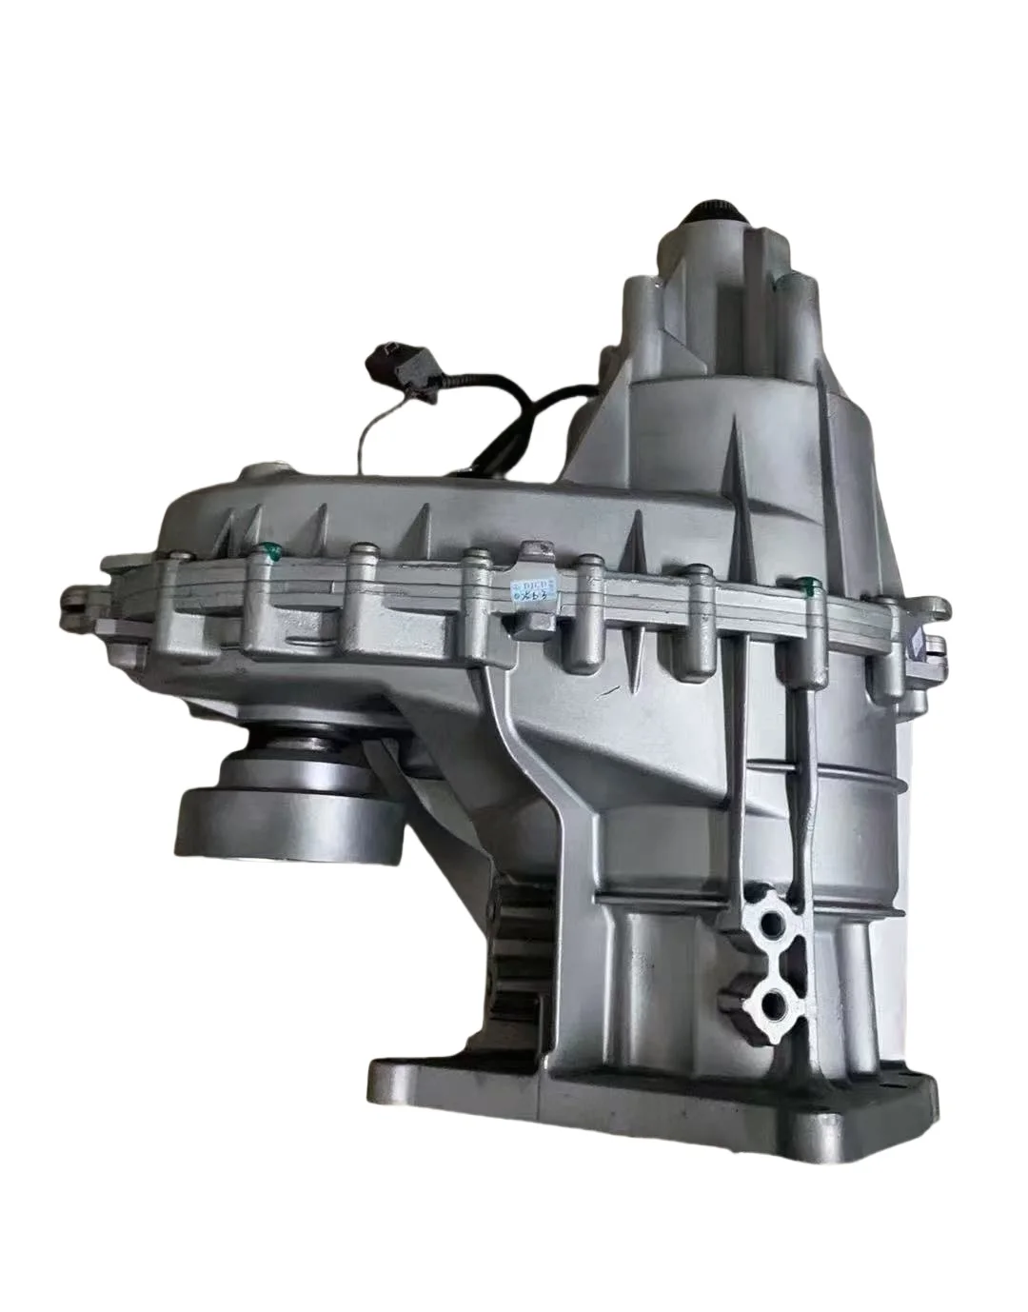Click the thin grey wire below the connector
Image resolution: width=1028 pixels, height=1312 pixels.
(x=366, y=438)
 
